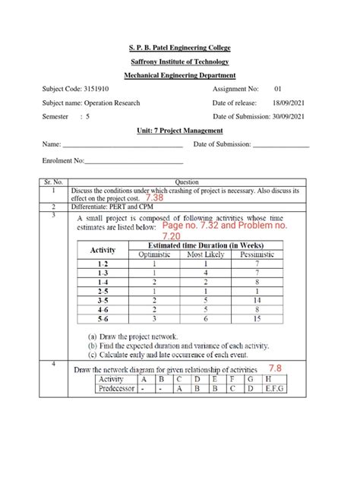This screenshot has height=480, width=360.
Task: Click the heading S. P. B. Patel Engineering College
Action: [x=180, y=47]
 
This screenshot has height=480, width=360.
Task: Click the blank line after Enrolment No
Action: [x=134, y=161]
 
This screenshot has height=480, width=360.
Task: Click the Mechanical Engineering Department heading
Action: [x=180, y=75]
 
